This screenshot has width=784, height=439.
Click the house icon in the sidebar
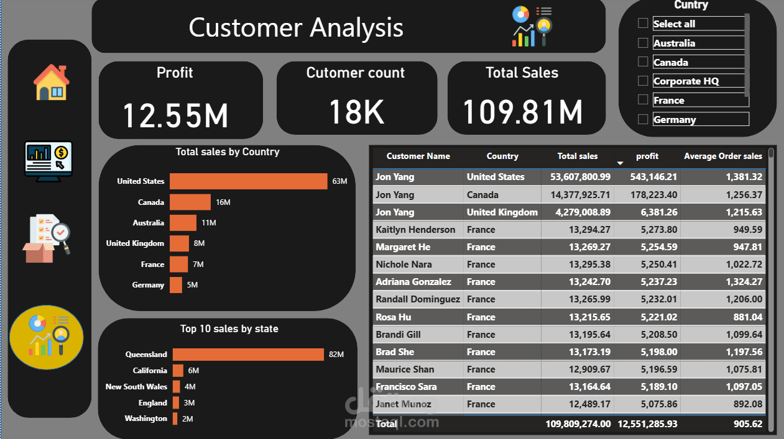coord(51,82)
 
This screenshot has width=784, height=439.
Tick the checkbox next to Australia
coord(643,43)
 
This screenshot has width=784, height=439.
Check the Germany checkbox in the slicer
coord(643,119)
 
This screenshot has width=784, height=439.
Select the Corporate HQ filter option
coord(643,81)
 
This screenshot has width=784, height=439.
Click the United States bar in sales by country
coord(248,181)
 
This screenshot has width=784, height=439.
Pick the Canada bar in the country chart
coord(190,202)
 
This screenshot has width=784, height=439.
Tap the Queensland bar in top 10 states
coord(248,355)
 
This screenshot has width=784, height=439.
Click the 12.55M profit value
coord(175,115)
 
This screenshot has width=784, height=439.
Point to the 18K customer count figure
coord(356,112)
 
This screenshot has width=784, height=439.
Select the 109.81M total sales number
coord(523,112)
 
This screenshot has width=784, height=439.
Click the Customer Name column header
coord(418,156)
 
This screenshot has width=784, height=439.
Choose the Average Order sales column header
coord(722,156)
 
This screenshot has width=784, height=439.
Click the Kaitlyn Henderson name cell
coord(415,230)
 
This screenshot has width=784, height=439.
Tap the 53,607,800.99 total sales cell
coord(580,177)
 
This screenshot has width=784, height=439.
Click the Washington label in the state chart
coord(145,419)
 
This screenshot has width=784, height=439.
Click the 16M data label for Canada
coord(223,202)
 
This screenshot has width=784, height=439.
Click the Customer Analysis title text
coord(296,28)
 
